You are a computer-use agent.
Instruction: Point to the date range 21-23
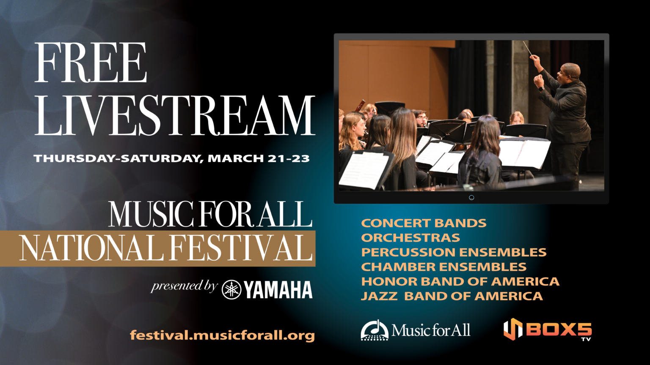289,158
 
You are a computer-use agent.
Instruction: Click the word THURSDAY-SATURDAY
118,158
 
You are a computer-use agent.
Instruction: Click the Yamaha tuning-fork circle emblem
231,290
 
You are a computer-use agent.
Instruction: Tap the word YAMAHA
278,290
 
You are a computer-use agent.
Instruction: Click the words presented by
184,286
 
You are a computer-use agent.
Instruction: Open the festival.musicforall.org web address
222,335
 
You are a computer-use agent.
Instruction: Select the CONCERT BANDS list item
424,223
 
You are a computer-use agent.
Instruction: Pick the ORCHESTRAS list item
410,238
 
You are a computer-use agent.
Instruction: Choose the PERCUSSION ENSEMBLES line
454,252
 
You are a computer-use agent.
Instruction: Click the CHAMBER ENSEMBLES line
443,267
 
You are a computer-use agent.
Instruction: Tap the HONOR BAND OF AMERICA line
460,281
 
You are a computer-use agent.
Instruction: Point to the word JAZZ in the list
379,296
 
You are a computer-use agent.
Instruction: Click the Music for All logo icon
374,330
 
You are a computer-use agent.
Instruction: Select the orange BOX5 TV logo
547,330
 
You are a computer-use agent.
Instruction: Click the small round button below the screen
471,198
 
